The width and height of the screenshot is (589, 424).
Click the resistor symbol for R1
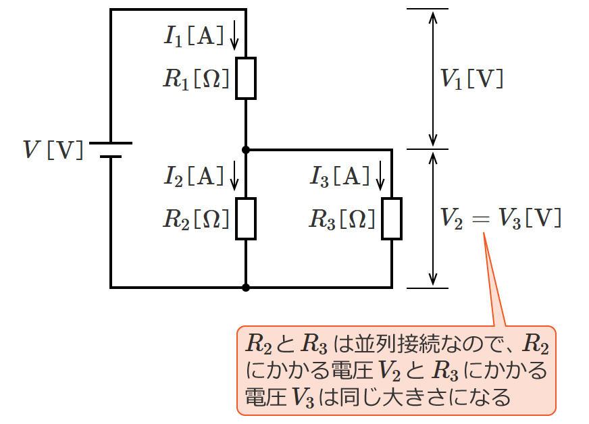pos(246,78)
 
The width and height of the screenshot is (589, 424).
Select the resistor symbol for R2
pos(246,219)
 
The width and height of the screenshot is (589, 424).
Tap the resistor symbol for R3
pos(392,219)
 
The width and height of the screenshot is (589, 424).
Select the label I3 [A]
pos(340,176)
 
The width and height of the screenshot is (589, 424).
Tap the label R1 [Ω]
pos(196,79)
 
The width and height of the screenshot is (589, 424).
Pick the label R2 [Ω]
pos(196,219)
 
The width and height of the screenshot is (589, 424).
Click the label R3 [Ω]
pos(342,219)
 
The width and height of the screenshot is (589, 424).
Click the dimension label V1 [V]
pos(471,79)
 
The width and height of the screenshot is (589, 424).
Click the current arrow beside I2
pos(234,176)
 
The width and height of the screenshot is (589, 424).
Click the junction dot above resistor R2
pos(246,149)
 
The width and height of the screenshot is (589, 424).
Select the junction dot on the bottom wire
pos(246,288)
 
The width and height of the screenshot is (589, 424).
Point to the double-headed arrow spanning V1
pos(433,79)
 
